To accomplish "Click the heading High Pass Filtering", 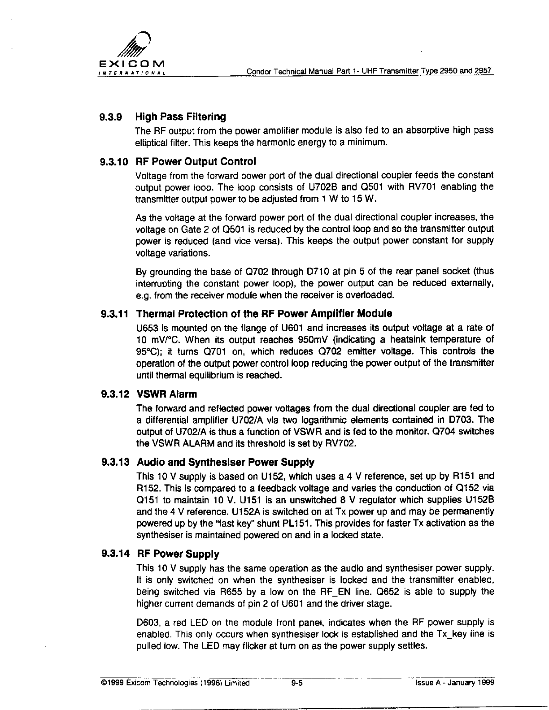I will click(181, 117).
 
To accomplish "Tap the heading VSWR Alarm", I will click(166, 394).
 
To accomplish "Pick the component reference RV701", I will click(423, 187).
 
